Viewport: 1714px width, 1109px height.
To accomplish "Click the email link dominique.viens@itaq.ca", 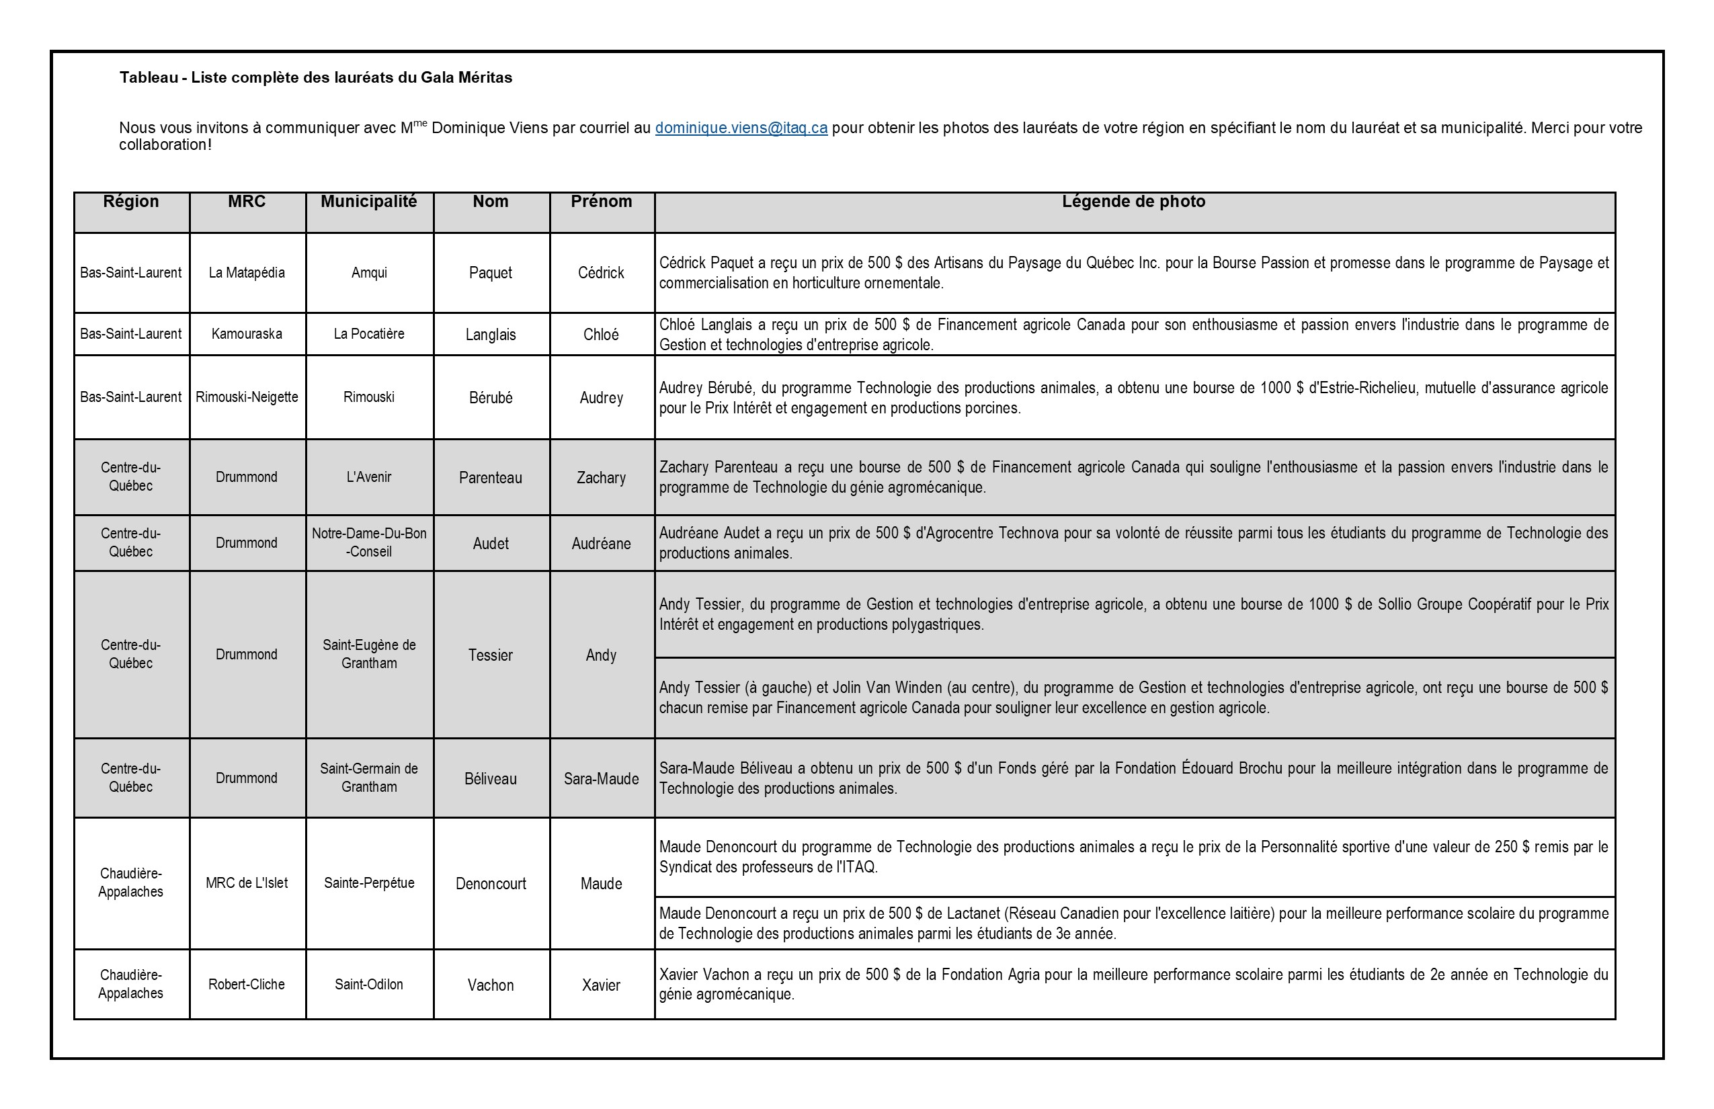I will point(740,128).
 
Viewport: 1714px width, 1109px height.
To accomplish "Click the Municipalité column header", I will point(369,202).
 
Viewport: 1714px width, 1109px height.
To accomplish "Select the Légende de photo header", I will point(1133,202).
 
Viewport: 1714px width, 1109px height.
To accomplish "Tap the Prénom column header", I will point(602,202).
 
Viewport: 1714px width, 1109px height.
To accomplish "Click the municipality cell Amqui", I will point(369,273).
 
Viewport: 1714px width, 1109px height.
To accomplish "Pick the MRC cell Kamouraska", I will point(246,334).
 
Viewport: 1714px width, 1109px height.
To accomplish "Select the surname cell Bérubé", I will point(491,397).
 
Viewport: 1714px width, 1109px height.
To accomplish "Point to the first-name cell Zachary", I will point(602,477).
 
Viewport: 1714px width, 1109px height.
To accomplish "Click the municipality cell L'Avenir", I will point(369,477).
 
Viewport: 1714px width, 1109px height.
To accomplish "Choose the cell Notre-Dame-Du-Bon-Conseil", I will point(369,542).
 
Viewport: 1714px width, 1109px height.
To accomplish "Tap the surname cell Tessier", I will point(491,655).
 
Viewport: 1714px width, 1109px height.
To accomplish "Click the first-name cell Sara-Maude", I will point(602,778).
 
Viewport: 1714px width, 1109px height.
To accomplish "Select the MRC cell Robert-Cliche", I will point(246,985).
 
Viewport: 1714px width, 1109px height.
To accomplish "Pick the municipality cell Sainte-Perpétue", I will point(369,883).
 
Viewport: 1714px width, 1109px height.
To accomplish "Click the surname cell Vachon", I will point(491,985).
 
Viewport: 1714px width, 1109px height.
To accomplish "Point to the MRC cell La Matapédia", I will point(246,273).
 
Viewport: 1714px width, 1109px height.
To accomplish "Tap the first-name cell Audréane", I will point(602,544).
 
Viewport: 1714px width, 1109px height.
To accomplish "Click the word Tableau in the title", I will point(149,78).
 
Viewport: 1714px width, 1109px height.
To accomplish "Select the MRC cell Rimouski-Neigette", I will point(246,397).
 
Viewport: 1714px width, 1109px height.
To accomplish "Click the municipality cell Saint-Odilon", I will point(369,985).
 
